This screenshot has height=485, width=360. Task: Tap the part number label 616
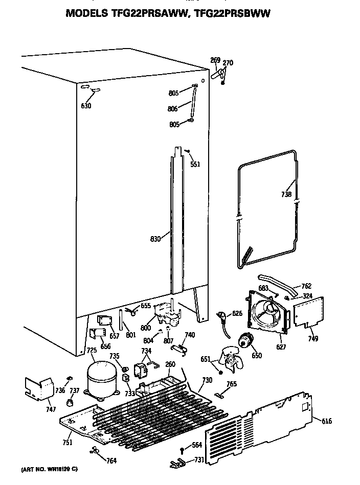pyautogui.click(x=326, y=421)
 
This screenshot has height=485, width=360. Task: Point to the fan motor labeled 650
pyautogui.click(x=248, y=341)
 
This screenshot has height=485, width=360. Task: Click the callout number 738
pyautogui.click(x=286, y=194)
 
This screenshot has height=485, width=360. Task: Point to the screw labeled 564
pyautogui.click(x=183, y=449)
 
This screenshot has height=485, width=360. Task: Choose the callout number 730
pyautogui.click(x=207, y=380)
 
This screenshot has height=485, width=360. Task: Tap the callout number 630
pyautogui.click(x=86, y=106)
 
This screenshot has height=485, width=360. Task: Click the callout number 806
pyautogui.click(x=173, y=108)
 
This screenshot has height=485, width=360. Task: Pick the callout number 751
pyautogui.click(x=67, y=443)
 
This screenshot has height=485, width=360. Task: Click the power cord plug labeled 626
pyautogui.click(x=222, y=316)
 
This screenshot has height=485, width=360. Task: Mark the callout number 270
pyautogui.click(x=228, y=63)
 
